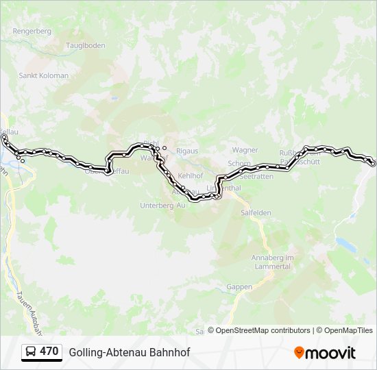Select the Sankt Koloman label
44,75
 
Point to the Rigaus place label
187,150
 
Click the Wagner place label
245,150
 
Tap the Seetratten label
258,176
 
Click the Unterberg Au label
162,205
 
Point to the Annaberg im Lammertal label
273,261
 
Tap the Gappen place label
239,287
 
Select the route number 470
49,351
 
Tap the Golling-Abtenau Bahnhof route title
129,352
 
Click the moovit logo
325,353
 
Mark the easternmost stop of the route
373,163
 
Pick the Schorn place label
239,164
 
